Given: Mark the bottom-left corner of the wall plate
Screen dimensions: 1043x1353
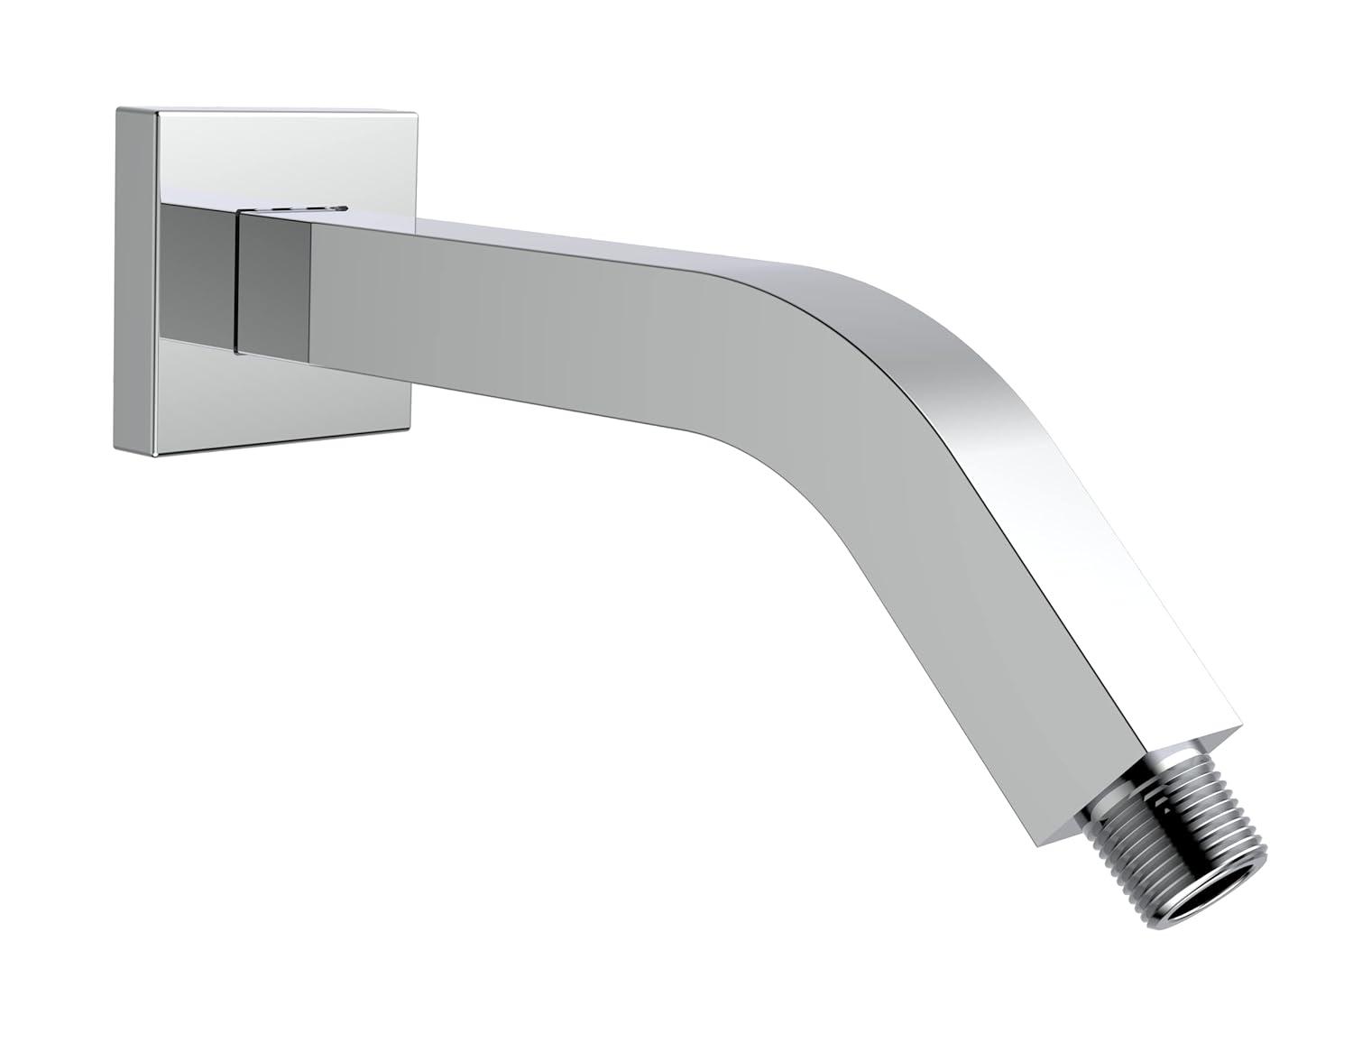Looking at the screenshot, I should point(115,446).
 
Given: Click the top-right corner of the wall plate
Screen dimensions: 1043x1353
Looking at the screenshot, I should point(416,115).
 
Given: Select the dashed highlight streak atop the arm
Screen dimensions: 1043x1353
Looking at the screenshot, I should point(298,209).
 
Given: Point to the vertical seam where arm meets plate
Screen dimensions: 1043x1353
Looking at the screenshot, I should point(236,280).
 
